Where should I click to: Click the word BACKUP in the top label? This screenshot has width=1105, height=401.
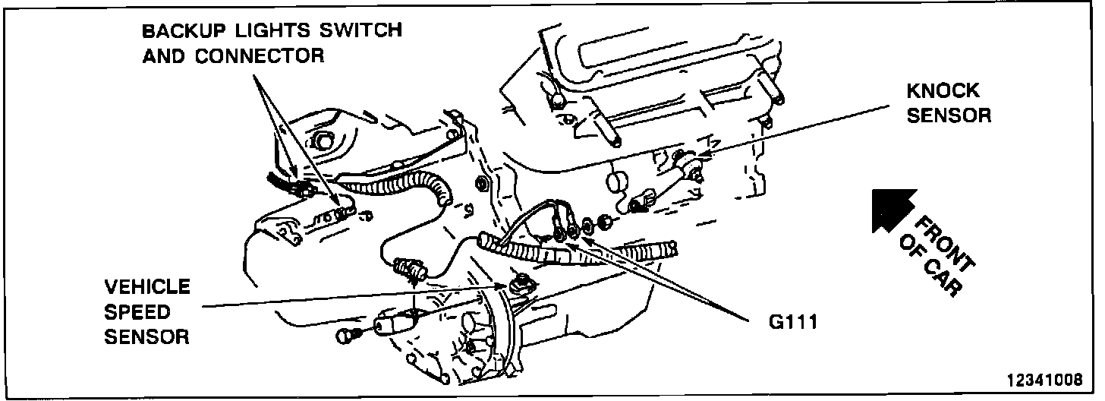179,32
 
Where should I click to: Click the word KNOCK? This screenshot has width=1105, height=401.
943,92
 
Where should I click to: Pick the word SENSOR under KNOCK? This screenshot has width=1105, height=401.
949,115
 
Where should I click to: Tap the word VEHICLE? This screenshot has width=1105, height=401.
147,288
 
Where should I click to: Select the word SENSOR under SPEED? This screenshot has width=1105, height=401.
146,336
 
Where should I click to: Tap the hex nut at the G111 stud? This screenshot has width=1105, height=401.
606,223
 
